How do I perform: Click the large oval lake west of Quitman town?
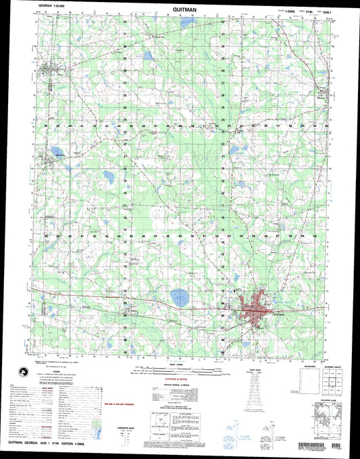click(x=179, y=296)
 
